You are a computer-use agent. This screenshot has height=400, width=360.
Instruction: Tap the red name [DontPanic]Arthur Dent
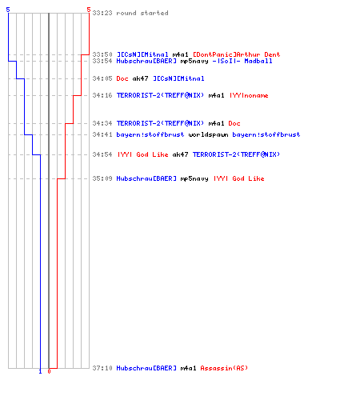tap(236, 54)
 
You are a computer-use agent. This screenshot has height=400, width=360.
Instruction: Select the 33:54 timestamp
tap(102, 61)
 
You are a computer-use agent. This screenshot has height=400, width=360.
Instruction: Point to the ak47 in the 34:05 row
tap(140, 78)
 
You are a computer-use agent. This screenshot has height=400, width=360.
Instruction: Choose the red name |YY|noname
tap(249, 95)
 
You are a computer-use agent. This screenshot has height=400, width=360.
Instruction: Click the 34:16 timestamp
tap(102, 95)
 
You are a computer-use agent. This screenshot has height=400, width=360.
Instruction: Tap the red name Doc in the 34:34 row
tap(234, 123)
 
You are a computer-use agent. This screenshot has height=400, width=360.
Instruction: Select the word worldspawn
tap(208, 134)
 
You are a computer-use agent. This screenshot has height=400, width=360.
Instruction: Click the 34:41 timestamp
tap(102, 134)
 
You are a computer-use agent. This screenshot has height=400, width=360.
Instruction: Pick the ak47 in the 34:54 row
tap(180, 154)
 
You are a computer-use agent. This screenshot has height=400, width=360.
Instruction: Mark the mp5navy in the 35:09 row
tap(194, 178)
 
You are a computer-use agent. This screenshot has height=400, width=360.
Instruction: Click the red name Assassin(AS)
tap(224, 368)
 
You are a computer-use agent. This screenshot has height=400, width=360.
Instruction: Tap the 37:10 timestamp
tap(102, 368)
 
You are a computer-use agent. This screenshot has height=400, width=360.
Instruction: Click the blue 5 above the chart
tap(8, 10)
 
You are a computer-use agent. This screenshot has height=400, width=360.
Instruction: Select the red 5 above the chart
tap(89, 10)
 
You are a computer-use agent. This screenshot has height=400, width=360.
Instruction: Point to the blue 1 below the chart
tap(40, 371)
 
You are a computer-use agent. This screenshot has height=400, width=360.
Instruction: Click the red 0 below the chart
tap(49, 371)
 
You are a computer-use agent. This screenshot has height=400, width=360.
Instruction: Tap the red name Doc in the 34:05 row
tap(122, 78)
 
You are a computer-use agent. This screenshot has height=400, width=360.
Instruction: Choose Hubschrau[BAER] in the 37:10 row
tap(146, 368)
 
